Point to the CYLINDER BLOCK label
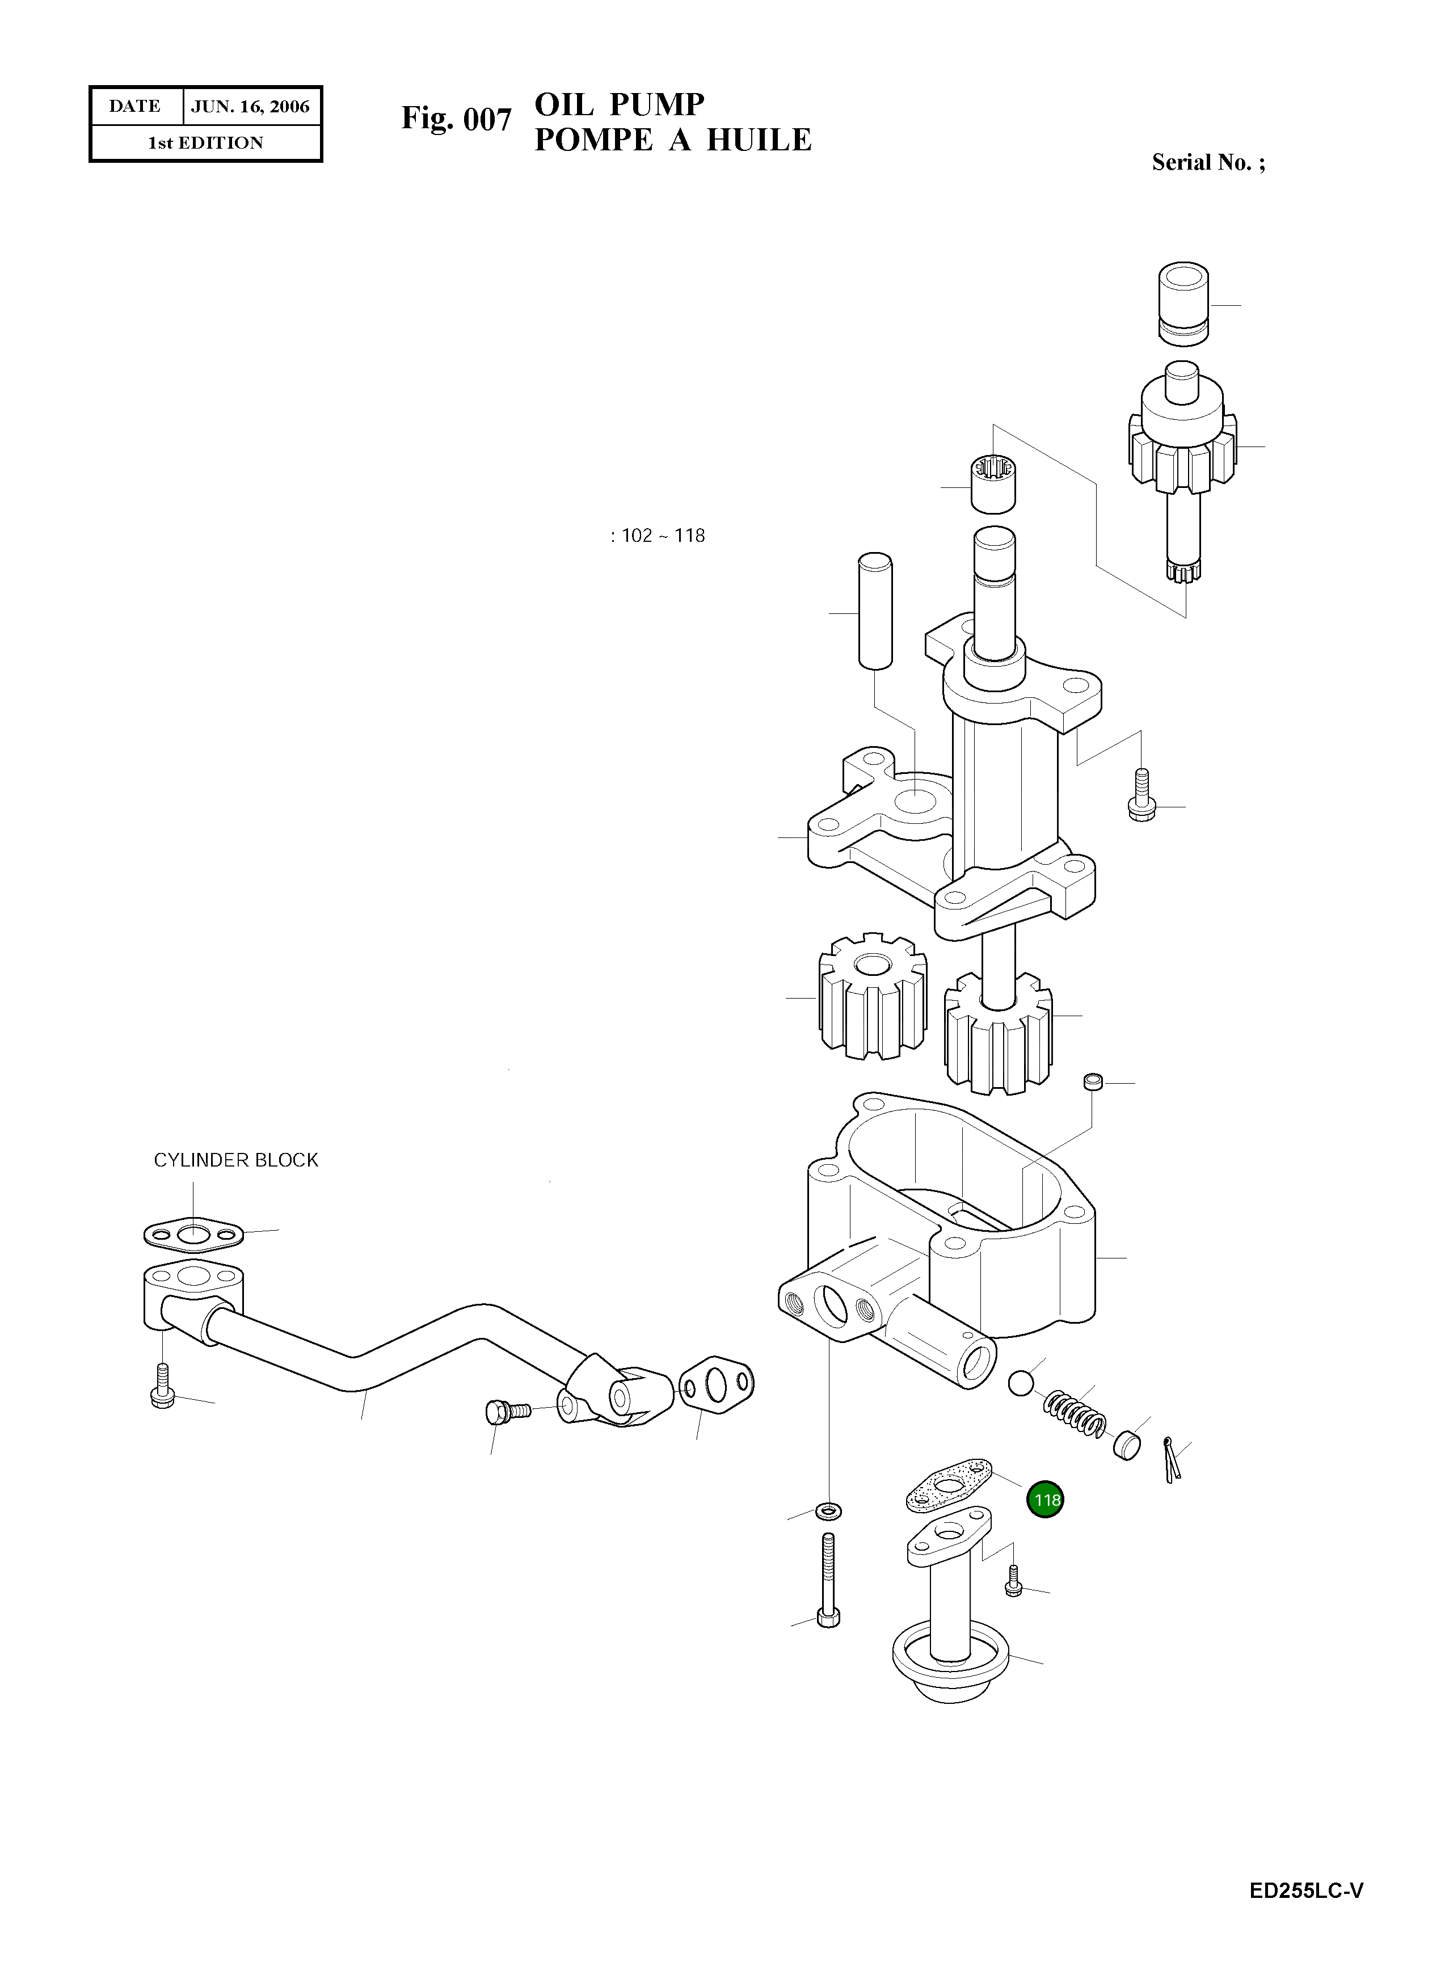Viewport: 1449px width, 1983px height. tap(236, 1160)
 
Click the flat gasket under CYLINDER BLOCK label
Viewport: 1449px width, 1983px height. tap(193, 1235)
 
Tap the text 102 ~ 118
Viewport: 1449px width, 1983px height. tap(658, 536)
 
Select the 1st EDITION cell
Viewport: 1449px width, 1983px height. tap(205, 143)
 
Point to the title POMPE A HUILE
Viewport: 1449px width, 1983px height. tap(673, 140)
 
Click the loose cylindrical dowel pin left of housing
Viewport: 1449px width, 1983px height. tap(874, 611)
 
